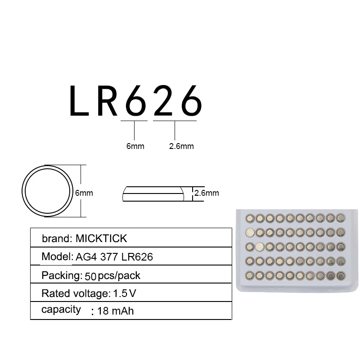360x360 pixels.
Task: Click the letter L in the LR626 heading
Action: pos(79,100)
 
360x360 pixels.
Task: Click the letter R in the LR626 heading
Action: pos(107,100)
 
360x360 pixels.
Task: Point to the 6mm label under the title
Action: pos(135,146)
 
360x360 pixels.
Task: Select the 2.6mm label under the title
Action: pos(181,146)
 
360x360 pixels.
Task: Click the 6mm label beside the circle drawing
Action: pos(84,193)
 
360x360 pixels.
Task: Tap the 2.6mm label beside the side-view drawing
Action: pos(207,193)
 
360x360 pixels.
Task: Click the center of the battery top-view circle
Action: pos(48,191)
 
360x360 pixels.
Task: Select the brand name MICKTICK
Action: pos(101,238)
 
